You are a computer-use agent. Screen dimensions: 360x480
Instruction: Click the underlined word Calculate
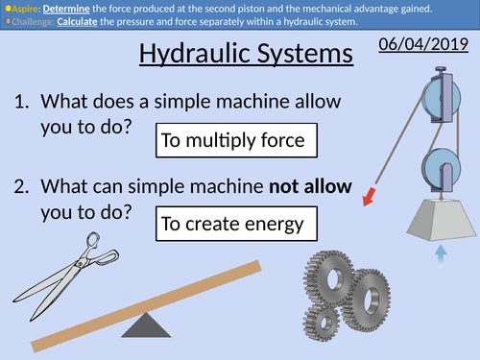pos(96,21)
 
